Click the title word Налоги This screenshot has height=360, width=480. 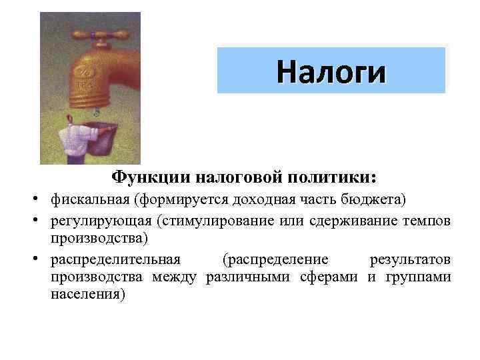(331, 71)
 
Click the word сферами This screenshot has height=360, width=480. (330, 277)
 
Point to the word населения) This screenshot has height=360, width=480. (87, 294)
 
